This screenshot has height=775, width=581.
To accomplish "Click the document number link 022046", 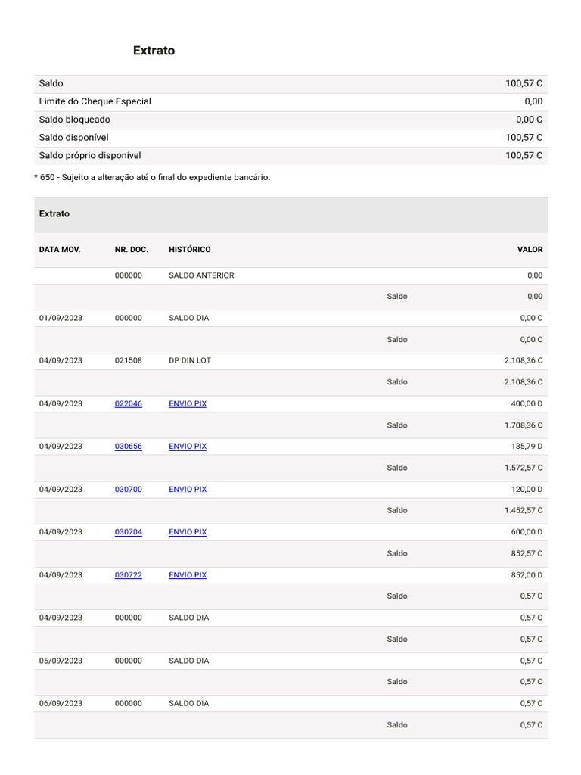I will (128, 403).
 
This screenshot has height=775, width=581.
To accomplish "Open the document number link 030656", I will (128, 447).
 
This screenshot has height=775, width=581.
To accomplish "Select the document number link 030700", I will (128, 490).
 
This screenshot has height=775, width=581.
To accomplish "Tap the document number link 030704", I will (128, 532).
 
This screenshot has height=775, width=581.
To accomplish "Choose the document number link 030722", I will (128, 575).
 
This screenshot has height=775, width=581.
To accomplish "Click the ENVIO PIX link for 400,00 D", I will (187, 403).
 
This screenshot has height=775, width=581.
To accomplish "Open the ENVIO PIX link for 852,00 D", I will (187, 575).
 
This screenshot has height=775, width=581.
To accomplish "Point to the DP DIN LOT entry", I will (189, 361).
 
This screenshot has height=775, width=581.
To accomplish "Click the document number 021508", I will (128, 361).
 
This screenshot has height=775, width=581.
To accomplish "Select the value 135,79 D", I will (527, 447).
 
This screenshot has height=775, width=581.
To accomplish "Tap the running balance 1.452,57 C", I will (523, 511).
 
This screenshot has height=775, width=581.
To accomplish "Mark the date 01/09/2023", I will (61, 318).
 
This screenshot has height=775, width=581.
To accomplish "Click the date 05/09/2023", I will (61, 661).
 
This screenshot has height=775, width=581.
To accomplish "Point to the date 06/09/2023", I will (61, 704).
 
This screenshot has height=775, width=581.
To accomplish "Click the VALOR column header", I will (530, 250).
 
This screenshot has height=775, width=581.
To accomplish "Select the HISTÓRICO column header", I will (189, 250).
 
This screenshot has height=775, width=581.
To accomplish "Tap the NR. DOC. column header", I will (131, 250).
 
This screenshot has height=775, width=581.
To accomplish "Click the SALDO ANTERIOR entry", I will (201, 275).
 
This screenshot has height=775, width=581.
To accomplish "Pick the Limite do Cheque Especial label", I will (95, 101).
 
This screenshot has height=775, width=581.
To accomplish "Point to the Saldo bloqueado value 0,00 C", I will (529, 120).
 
